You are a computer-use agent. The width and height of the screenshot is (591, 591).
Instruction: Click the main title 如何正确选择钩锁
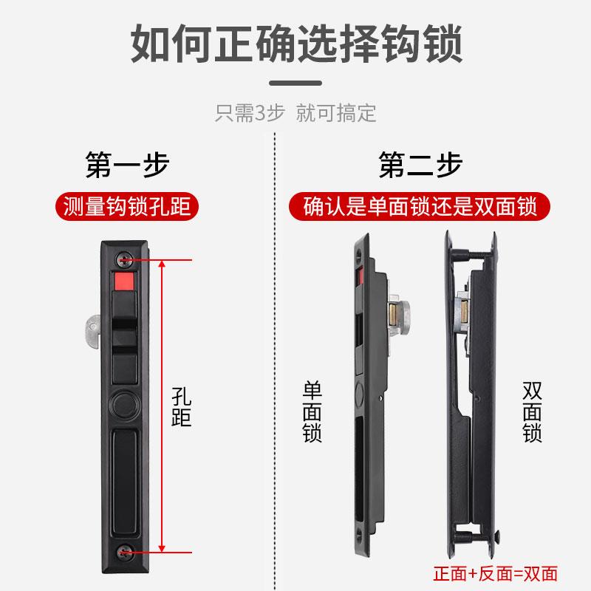(295, 45)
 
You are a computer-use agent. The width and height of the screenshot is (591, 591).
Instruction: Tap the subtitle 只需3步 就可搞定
(295, 113)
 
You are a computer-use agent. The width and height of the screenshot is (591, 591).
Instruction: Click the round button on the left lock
(123, 404)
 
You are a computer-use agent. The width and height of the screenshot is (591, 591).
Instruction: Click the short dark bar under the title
(295, 83)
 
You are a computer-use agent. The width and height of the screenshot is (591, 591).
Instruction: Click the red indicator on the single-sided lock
(361, 279)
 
